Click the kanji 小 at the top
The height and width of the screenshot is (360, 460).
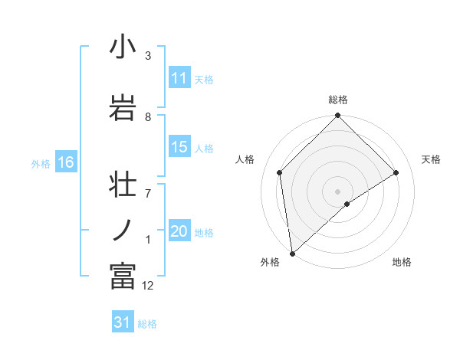coord(123,47)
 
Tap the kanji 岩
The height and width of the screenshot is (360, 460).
coord(123,107)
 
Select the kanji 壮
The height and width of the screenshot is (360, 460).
coord(123,188)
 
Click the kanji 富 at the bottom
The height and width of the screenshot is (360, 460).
coord(123,276)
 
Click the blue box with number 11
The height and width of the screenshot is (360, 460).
coord(179,79)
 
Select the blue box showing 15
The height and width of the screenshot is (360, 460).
coord(179,148)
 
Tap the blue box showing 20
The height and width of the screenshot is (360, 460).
coord(179,231)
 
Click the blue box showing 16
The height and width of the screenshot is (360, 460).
coord(65,162)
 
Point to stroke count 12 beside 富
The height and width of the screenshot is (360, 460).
coord(148,286)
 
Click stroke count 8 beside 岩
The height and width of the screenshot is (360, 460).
coord(148,116)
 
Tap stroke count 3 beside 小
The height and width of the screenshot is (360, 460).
coord(148,56)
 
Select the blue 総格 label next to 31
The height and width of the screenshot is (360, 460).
coord(147,324)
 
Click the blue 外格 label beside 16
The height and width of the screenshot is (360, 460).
coord(41,163)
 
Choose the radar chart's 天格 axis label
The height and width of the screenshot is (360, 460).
coord(432,159)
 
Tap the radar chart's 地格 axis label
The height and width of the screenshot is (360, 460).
coord(402,262)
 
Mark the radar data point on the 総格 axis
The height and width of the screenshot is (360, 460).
coord(337,116)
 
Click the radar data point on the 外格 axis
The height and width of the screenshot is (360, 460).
coord(291,254)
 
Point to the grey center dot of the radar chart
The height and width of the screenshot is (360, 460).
coord(337,191)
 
